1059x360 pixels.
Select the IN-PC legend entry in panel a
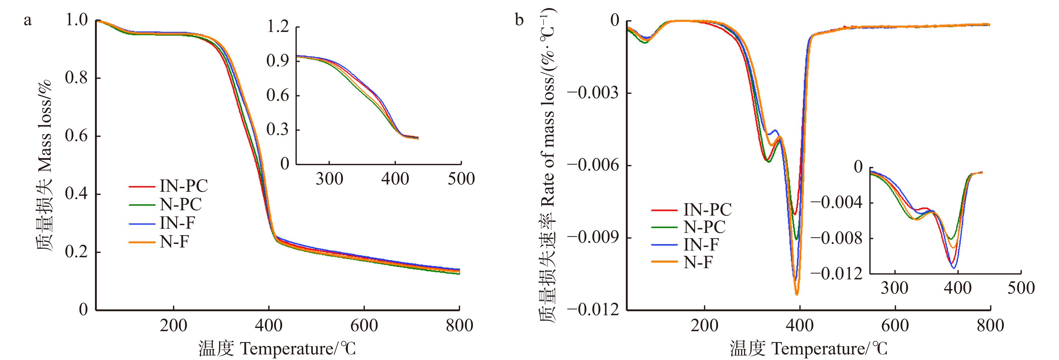click(x=183, y=186)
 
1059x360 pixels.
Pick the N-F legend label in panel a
click(x=174, y=242)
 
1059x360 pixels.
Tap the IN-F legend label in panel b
click(x=701, y=244)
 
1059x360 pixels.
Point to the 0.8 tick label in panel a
click(x=76, y=77)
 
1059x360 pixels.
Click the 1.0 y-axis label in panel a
click(x=76, y=19)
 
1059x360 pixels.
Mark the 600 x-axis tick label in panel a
click(x=364, y=326)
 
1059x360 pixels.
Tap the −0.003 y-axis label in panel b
click(x=593, y=93)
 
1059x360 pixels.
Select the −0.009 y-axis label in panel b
click(x=593, y=237)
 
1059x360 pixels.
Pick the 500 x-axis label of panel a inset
click(x=461, y=179)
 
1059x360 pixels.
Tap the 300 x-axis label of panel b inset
click(x=895, y=288)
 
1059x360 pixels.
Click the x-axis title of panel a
click(x=277, y=349)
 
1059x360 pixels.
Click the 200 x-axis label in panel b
click(x=704, y=326)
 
